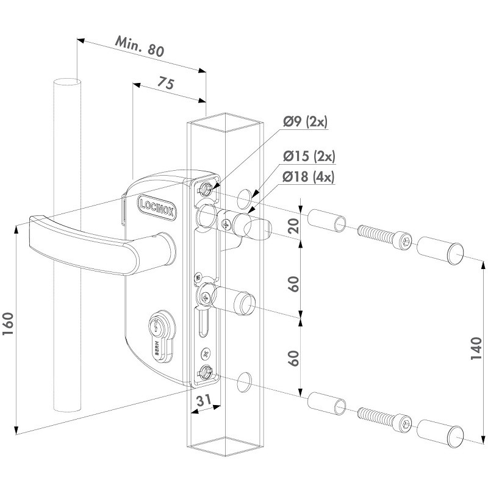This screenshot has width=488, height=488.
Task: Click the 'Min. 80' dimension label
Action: click(140, 48)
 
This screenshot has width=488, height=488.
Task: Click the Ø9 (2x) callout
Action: click(305, 123)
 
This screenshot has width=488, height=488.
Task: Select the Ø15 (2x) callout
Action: click(309, 157)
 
